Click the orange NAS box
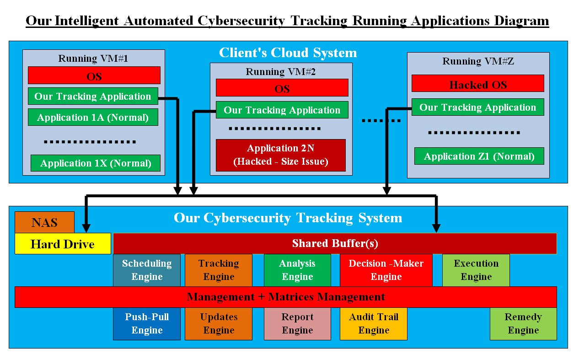(44, 222)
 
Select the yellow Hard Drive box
(63, 244)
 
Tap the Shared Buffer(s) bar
(335, 243)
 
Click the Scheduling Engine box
(147, 270)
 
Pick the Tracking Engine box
(219, 270)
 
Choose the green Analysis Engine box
(297, 270)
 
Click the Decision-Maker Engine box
(386, 270)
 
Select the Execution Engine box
(476, 270)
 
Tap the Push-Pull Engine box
(147, 323)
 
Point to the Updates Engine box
(219, 323)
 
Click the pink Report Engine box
(297, 323)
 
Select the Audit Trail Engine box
(373, 323)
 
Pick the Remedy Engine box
(523, 323)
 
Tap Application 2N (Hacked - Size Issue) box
(281, 155)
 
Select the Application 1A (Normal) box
(93, 117)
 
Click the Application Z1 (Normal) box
(479, 156)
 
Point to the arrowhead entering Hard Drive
(86, 228)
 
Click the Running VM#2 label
(281, 72)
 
